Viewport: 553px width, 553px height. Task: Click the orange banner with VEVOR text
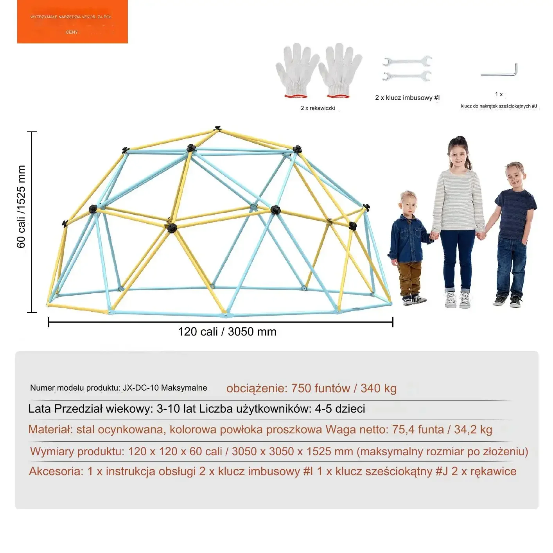[72, 22]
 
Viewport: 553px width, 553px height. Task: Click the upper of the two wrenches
[407, 61]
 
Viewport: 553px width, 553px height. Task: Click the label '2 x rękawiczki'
[318, 108]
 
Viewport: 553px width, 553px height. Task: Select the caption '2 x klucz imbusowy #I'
[407, 98]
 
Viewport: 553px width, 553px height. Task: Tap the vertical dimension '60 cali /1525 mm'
[21, 206]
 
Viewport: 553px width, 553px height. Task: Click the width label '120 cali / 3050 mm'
[227, 332]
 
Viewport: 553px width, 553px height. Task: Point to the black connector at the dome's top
[218, 129]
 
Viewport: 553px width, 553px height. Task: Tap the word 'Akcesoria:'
[56, 471]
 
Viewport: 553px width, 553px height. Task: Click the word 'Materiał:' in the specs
[50, 429]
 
